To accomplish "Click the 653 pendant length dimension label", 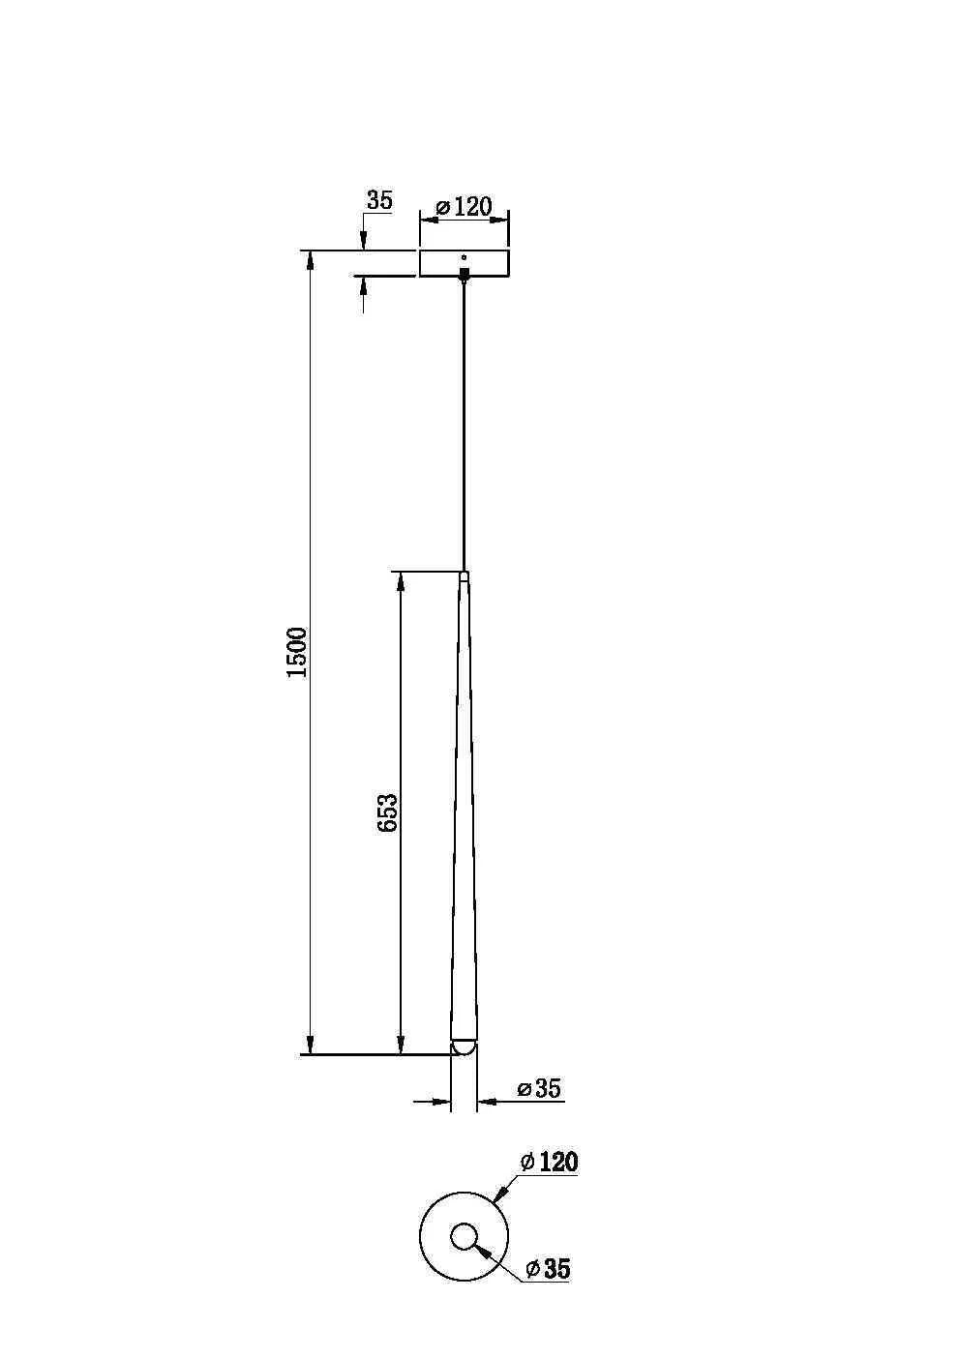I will [386, 812].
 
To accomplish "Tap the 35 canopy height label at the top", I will [379, 200].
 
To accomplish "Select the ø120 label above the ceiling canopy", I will [465, 206].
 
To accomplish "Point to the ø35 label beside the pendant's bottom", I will [539, 1088].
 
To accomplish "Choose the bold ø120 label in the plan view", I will [549, 1162].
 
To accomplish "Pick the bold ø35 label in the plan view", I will [548, 1269].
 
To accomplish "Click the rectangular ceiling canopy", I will [465, 263].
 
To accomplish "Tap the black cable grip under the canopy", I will [465, 274].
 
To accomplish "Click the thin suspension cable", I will [465, 426].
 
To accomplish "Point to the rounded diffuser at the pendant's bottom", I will [464, 1047].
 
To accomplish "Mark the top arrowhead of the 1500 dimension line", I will [310, 260].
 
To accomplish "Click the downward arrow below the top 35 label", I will [364, 241].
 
